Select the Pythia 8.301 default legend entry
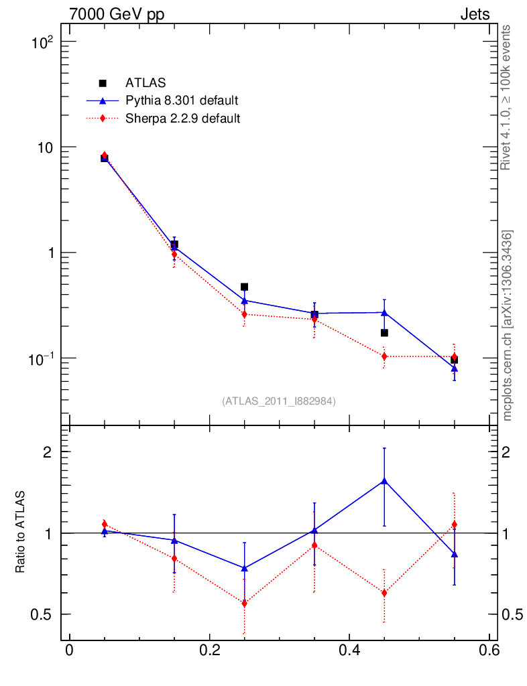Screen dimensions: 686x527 (x=182, y=101)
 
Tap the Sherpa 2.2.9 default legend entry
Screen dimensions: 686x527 (x=183, y=119)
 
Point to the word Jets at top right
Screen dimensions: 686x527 (x=475, y=15)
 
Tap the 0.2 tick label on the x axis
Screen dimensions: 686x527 (x=209, y=650)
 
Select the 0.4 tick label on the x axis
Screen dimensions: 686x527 (x=349, y=650)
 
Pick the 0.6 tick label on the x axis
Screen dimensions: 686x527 (x=489, y=650)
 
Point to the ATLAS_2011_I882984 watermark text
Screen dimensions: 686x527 (x=279, y=401)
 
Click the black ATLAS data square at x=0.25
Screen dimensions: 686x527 (x=245, y=287)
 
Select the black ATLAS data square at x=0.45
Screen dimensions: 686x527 (x=384, y=333)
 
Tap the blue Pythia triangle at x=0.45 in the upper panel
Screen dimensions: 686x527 (x=384, y=312)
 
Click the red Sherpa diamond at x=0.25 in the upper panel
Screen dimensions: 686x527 (x=245, y=314)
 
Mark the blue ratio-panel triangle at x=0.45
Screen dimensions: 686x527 (x=384, y=480)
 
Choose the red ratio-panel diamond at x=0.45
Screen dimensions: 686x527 (x=384, y=593)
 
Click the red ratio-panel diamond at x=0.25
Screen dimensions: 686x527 (x=245, y=604)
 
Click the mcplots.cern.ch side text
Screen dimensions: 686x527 (x=508, y=326)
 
